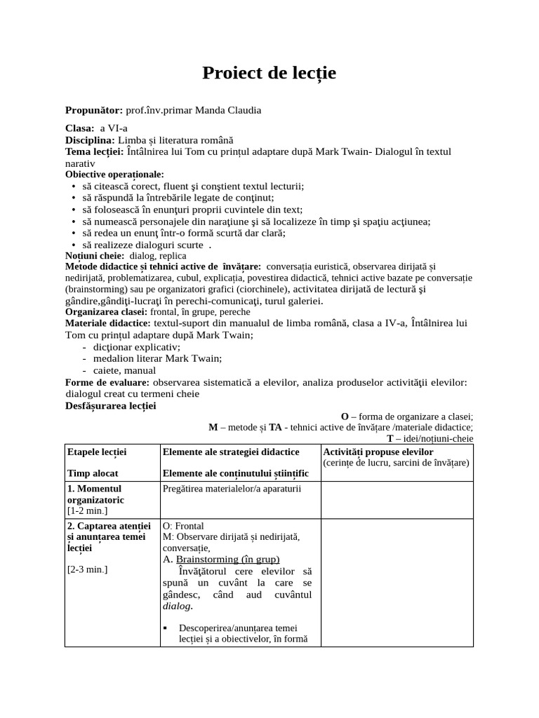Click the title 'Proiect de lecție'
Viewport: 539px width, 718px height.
[x=269, y=73]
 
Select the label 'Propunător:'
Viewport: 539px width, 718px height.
[x=93, y=110]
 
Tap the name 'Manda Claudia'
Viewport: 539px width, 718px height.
[x=230, y=110]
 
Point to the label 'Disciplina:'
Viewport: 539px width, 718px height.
[x=90, y=140]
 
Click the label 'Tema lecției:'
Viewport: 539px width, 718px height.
[x=94, y=151]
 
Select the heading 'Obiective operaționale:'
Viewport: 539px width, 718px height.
[x=114, y=174]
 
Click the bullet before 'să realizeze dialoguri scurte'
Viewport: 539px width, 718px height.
[x=74, y=245]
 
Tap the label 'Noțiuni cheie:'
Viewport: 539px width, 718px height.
[x=95, y=256]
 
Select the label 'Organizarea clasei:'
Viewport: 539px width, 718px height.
[x=106, y=311]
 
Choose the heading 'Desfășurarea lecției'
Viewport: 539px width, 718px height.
[x=110, y=405]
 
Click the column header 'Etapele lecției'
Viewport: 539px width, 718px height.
[x=96, y=452]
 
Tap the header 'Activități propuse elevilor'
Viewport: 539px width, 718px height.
[x=378, y=452]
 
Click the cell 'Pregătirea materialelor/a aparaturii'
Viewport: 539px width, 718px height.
[x=232, y=488]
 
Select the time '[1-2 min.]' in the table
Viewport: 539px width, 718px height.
[x=88, y=510]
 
